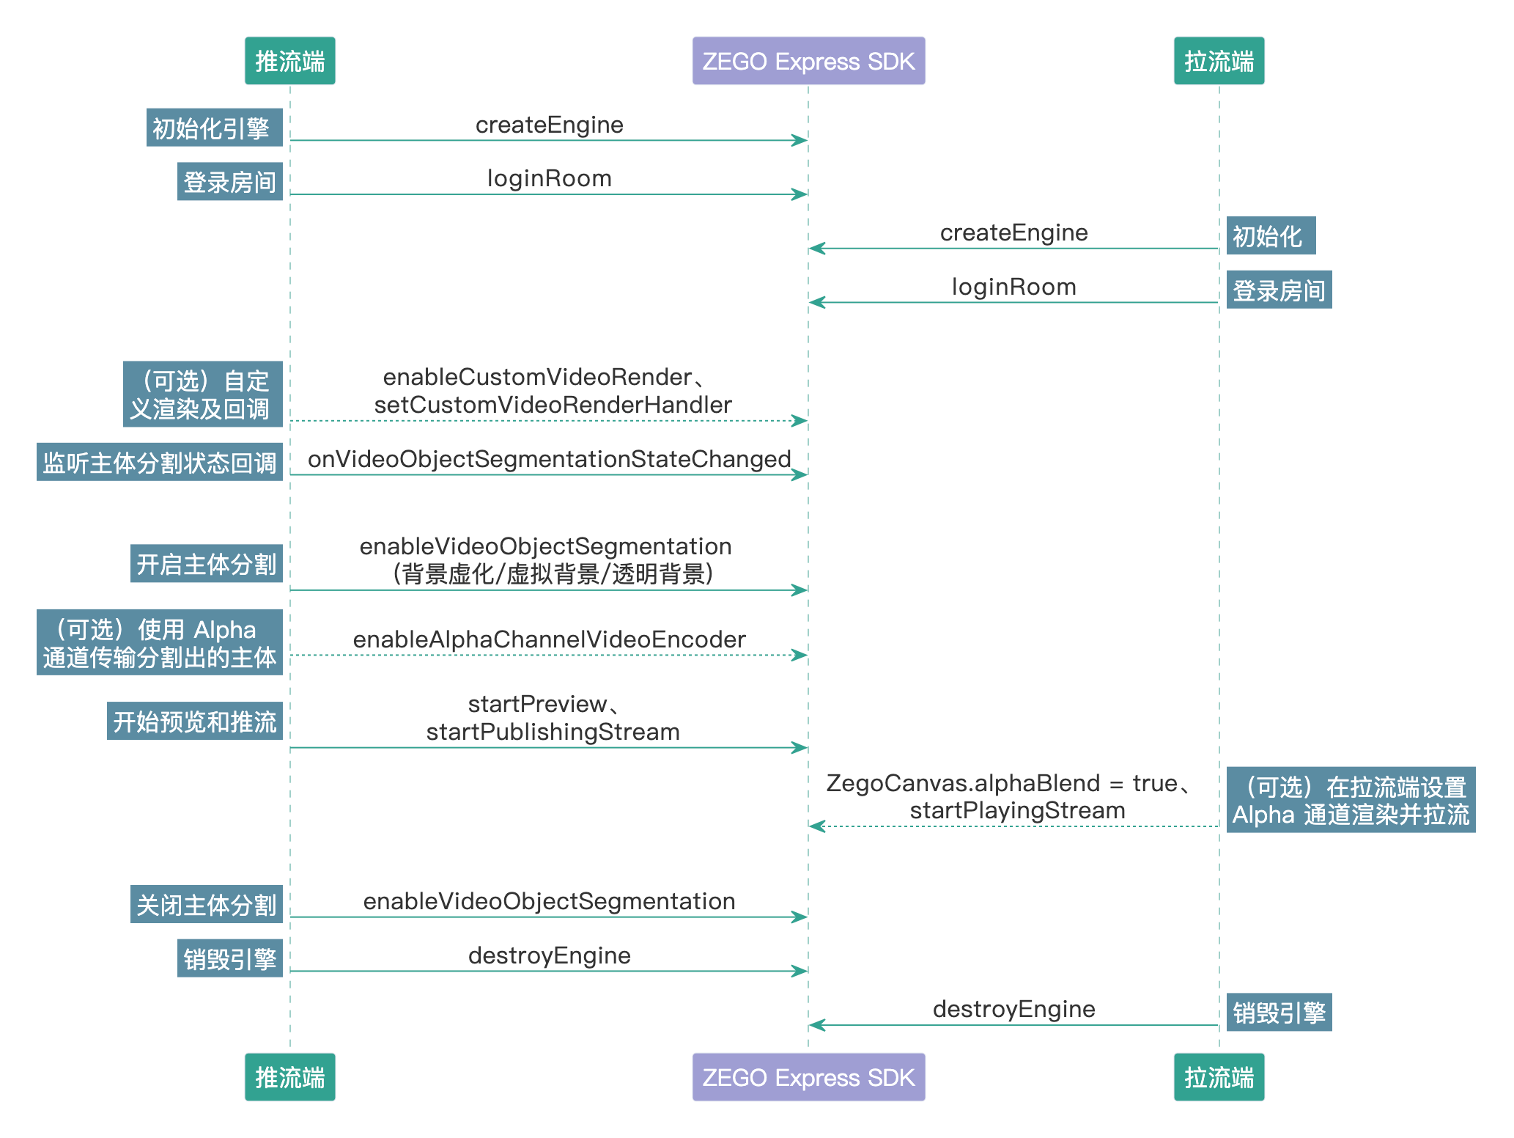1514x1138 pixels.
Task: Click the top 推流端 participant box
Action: tap(289, 61)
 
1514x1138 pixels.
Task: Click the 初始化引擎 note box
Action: tap(214, 128)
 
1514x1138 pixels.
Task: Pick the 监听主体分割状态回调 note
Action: tap(159, 463)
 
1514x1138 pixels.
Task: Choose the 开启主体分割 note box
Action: tap(206, 564)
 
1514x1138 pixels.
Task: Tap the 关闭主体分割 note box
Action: tap(206, 905)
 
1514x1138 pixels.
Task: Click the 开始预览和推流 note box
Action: tap(194, 722)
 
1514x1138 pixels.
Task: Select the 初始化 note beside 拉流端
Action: tap(1270, 236)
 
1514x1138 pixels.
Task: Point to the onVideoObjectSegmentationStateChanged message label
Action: tap(549, 459)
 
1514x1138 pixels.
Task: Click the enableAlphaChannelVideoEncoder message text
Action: tap(549, 639)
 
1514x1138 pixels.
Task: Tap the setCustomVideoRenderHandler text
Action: tap(553, 405)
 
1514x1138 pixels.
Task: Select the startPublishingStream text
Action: tap(553, 732)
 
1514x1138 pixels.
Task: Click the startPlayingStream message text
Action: tap(1017, 810)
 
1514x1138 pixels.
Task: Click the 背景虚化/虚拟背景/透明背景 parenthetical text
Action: tap(553, 574)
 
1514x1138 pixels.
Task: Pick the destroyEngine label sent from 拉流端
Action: tap(1013, 1009)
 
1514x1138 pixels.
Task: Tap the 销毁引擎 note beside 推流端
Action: tap(229, 958)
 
